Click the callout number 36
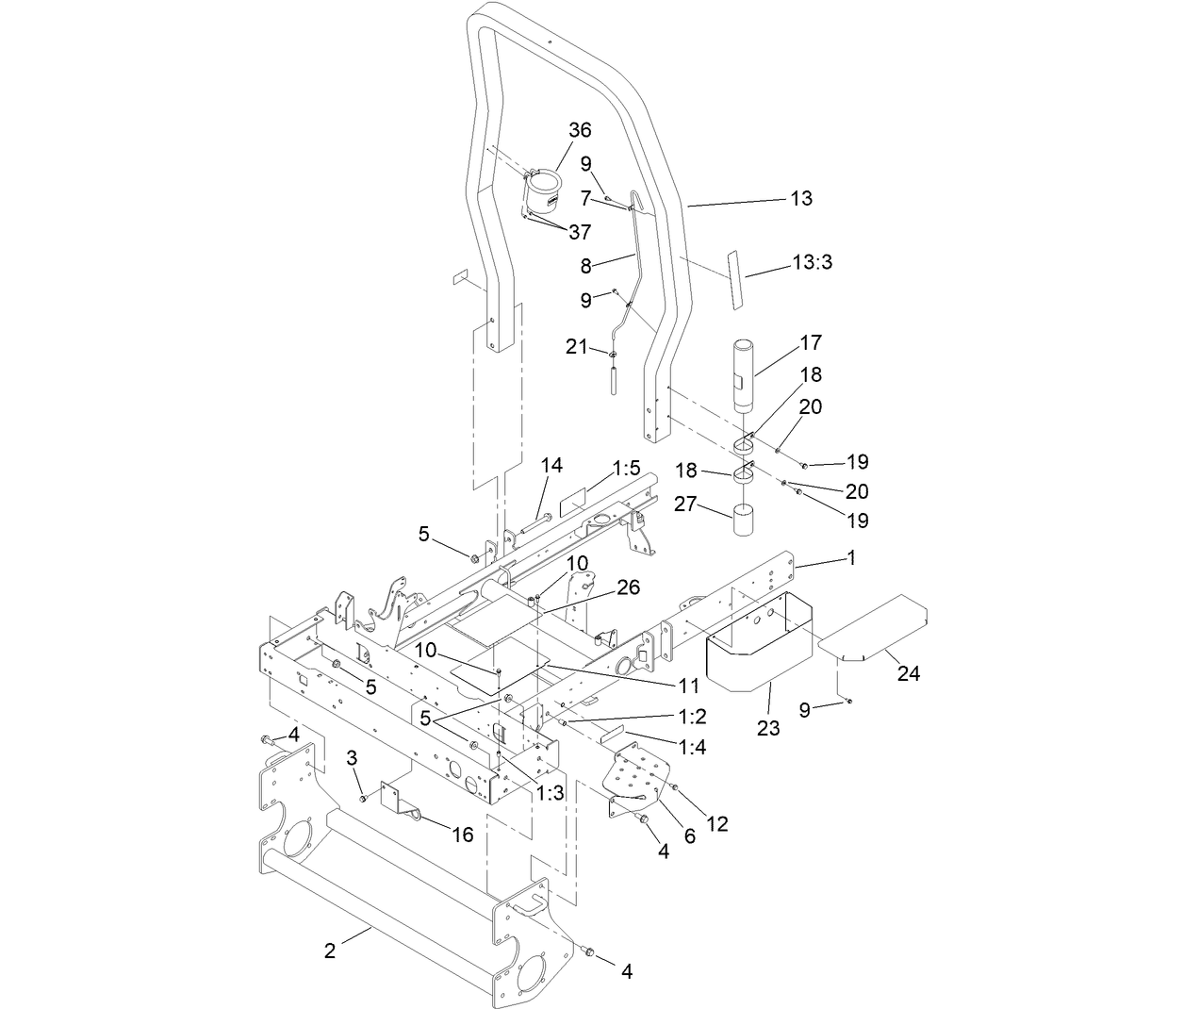click(x=580, y=130)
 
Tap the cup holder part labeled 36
click(x=541, y=194)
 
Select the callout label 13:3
click(x=812, y=263)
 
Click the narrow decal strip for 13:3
click(x=733, y=279)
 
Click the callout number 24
click(x=909, y=673)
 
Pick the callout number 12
click(x=717, y=824)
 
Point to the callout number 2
click(x=329, y=951)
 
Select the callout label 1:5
click(x=626, y=468)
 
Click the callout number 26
click(x=629, y=587)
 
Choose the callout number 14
click(x=551, y=465)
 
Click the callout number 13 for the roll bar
click(x=800, y=198)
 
